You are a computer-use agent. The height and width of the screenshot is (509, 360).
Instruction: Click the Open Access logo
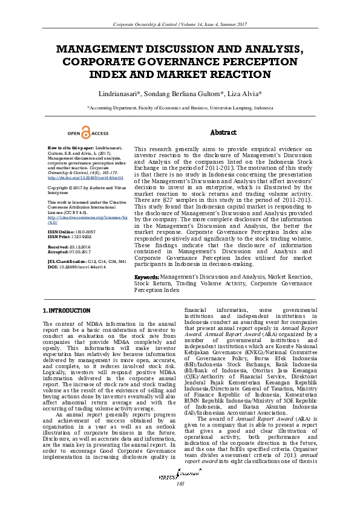[x=88, y=134]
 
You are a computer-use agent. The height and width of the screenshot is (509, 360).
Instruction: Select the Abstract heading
[x=223, y=132]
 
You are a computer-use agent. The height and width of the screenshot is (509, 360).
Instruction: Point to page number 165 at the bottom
[x=180, y=501]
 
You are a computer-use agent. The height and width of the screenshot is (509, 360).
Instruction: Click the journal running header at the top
[x=180, y=24]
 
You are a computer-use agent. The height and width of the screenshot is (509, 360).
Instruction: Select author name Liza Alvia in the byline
[x=244, y=94]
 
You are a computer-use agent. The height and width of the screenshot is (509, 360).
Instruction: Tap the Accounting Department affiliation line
[x=180, y=107]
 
